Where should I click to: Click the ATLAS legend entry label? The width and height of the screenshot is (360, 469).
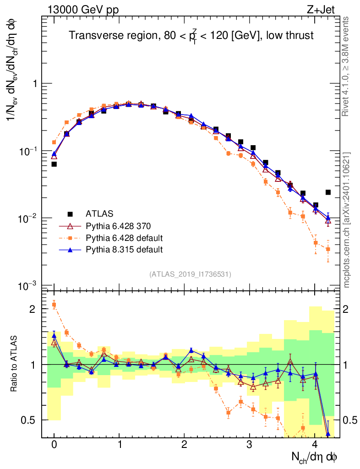(x=99, y=213)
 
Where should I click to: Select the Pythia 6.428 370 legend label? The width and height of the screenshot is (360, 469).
(x=118, y=226)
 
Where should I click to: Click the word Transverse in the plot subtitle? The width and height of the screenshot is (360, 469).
(x=92, y=35)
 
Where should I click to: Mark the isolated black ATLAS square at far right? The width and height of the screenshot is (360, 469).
(x=328, y=192)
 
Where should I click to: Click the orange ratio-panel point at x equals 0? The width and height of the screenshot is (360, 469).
(x=54, y=305)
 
